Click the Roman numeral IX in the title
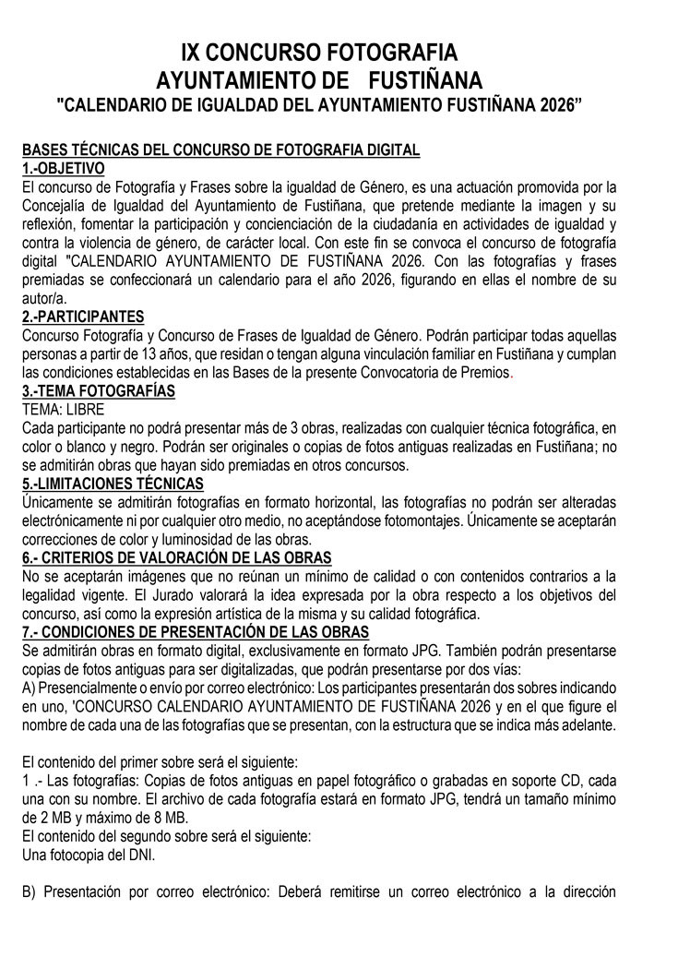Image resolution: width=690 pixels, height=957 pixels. [x=196, y=51]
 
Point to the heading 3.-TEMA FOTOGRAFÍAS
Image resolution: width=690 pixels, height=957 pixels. [x=98, y=390]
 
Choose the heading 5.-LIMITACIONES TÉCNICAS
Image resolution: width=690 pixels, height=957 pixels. [x=113, y=484]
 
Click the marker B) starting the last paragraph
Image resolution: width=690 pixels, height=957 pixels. [x=30, y=892]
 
